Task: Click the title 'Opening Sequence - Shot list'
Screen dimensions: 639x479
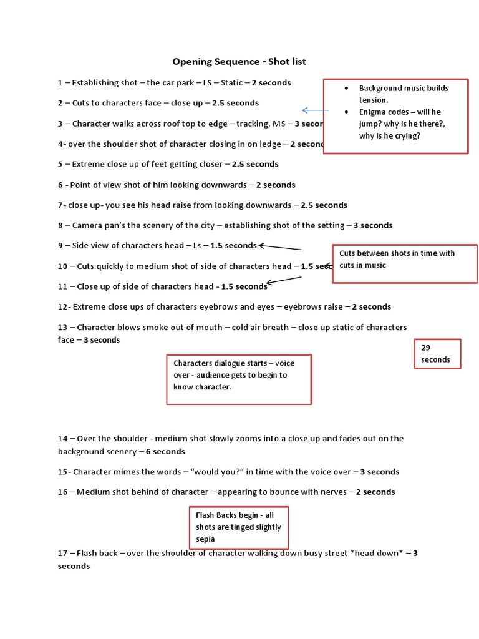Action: tap(239, 62)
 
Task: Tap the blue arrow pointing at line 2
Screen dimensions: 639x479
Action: tap(314, 110)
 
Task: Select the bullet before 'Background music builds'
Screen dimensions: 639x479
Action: tap(347, 89)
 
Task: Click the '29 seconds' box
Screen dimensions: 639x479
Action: tap(437, 354)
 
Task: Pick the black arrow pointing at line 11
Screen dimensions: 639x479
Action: tap(284, 281)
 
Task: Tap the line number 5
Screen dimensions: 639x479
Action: tap(60, 165)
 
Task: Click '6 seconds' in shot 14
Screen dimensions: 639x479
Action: tap(165, 452)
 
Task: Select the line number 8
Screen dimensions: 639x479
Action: tap(60, 225)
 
